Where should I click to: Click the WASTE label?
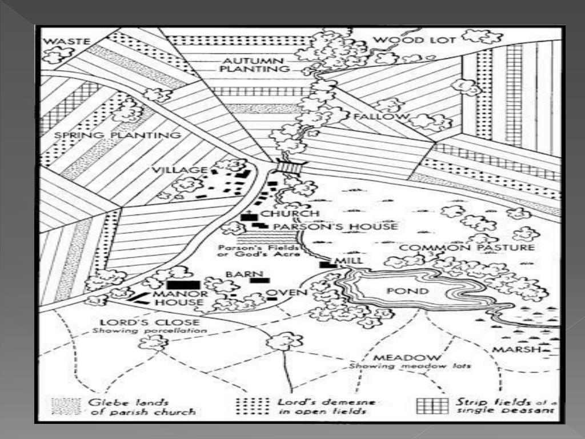[x=67, y=41]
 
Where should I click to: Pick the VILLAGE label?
[x=179, y=170]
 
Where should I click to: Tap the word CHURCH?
[x=290, y=214]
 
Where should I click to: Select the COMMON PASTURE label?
[x=467, y=248]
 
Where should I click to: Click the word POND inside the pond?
[x=415, y=291]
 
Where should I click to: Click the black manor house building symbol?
[x=183, y=285]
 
